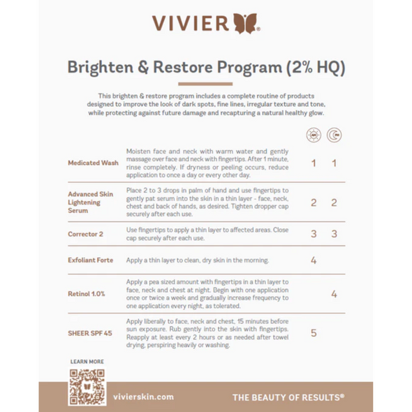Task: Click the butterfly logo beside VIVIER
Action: pyautogui.click(x=249, y=24)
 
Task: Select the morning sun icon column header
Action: pyautogui.click(x=314, y=135)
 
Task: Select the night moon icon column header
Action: pyautogui.click(x=334, y=135)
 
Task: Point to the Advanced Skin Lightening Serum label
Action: pyautogui.click(x=91, y=202)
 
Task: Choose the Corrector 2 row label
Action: pyautogui.click(x=87, y=234)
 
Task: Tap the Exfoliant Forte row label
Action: pyautogui.click(x=91, y=260)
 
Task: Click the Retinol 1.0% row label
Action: pyautogui.click(x=87, y=294)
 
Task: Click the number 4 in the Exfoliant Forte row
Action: pyautogui.click(x=314, y=260)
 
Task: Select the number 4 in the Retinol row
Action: pyautogui.click(x=334, y=294)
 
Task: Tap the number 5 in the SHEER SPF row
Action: pyautogui.click(x=314, y=333)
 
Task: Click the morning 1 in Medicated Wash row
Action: pyautogui.click(x=314, y=163)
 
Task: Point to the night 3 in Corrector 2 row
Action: pyautogui.click(x=334, y=234)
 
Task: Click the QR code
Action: pyautogui.click(x=87, y=387)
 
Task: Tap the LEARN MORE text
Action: pyautogui.click(x=87, y=362)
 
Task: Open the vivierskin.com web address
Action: pyautogui.click(x=143, y=397)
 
